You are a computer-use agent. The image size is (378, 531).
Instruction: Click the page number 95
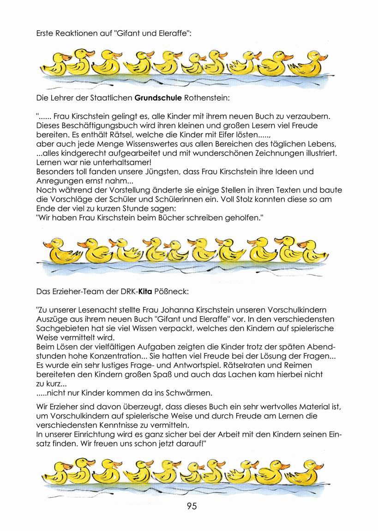pyautogui.click(x=192, y=506)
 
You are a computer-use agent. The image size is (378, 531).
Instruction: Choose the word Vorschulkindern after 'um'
pyautogui.click(x=80, y=416)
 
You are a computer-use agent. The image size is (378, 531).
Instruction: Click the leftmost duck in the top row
pyautogui.click(x=58, y=63)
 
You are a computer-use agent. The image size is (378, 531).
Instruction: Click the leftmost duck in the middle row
pyautogui.click(x=58, y=251)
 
